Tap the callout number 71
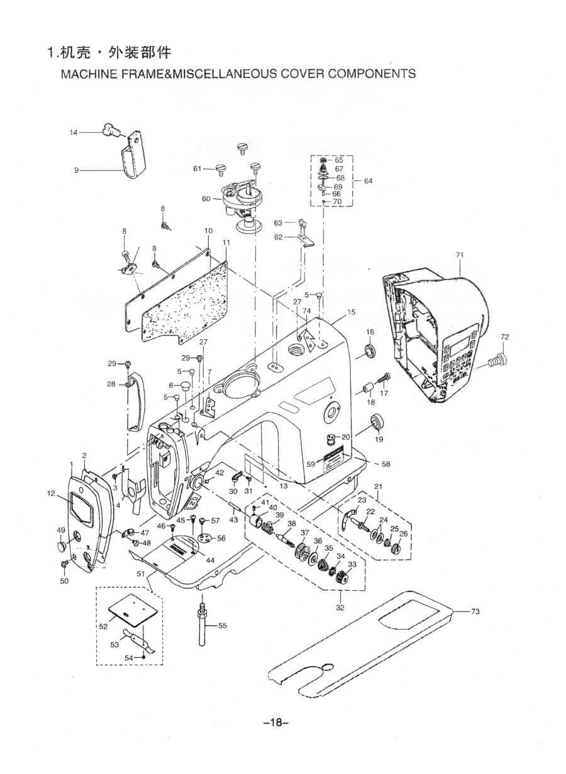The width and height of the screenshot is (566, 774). pos(459,255)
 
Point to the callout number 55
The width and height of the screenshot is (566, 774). pos(223,625)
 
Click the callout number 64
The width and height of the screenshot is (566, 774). pos(368,181)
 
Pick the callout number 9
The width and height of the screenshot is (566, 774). pos(76,170)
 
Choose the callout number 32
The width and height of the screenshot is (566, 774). pos(340,608)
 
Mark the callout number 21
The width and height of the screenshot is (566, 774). pos(378,486)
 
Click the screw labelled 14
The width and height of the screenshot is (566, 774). pos(111,130)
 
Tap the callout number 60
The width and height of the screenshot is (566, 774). pos(206,199)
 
